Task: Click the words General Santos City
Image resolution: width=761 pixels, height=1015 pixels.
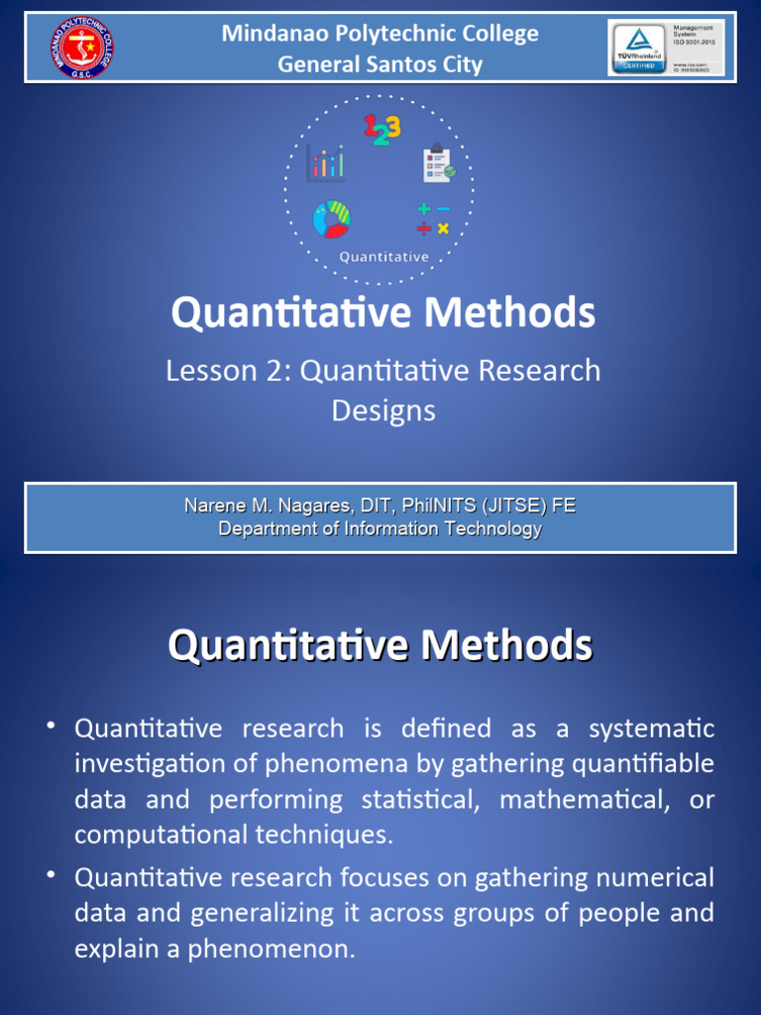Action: pos(380,65)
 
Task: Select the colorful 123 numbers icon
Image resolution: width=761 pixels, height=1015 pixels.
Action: pos(381,130)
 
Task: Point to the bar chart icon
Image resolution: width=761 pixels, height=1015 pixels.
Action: pos(325,163)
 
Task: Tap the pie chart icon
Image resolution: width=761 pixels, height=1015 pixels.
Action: pos(331,219)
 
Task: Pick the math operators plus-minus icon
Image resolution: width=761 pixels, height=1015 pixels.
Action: pos(433,219)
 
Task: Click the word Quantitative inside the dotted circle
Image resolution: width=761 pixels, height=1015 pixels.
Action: pos(383,257)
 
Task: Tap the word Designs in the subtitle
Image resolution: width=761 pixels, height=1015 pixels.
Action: pos(383,410)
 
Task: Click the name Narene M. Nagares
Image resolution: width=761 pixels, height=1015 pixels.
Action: pos(258,506)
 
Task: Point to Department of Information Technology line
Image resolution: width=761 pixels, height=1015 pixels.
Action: pos(380,528)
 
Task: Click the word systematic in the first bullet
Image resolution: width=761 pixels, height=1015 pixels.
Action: pos(651,730)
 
